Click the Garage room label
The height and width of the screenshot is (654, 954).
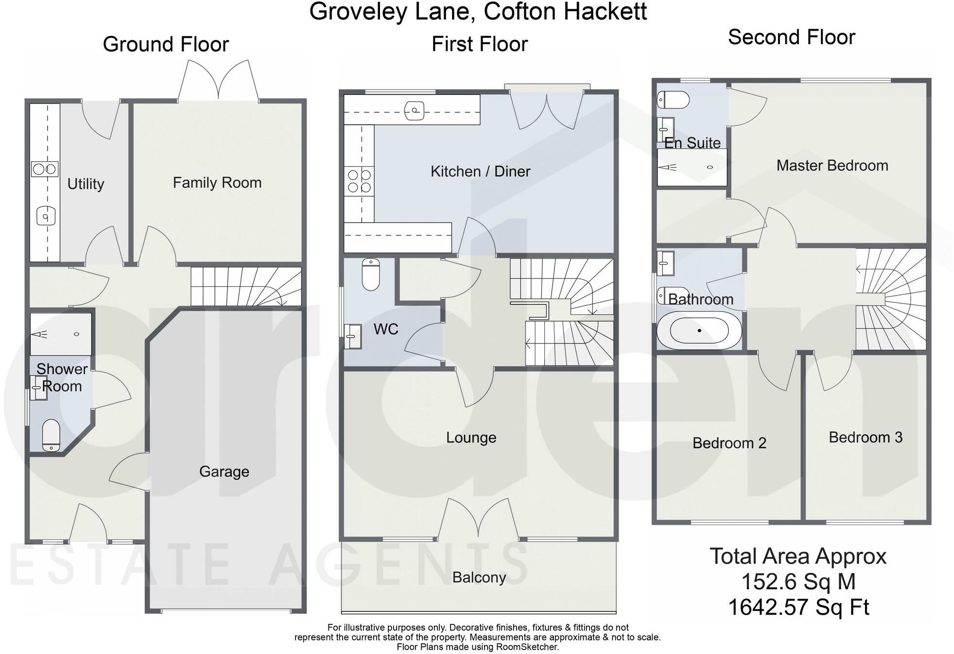click(x=224, y=471)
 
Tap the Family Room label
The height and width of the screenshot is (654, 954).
click(x=217, y=183)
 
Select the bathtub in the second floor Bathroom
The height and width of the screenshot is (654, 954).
click(x=699, y=331)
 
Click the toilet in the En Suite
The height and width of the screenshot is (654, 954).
click(x=673, y=101)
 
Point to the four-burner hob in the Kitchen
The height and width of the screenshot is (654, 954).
click(x=360, y=181)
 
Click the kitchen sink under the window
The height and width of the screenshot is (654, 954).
click(x=414, y=110)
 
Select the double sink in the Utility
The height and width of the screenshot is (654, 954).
click(x=45, y=169)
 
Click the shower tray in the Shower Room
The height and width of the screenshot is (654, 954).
click(x=61, y=334)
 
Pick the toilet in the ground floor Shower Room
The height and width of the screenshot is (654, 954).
click(x=51, y=435)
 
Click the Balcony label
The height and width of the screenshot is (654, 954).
click(x=479, y=577)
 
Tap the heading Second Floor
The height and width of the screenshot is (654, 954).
click(x=791, y=37)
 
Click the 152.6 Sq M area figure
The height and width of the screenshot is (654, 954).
click(x=798, y=582)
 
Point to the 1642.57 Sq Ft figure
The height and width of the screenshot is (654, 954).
click(x=798, y=607)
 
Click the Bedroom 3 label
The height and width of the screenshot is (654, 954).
click(x=865, y=437)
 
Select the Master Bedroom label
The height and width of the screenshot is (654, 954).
click(x=832, y=166)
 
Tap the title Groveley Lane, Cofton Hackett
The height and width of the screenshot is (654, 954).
click(x=478, y=12)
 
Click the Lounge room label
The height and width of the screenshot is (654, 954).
click(x=471, y=438)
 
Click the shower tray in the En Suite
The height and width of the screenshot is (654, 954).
click(x=692, y=167)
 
